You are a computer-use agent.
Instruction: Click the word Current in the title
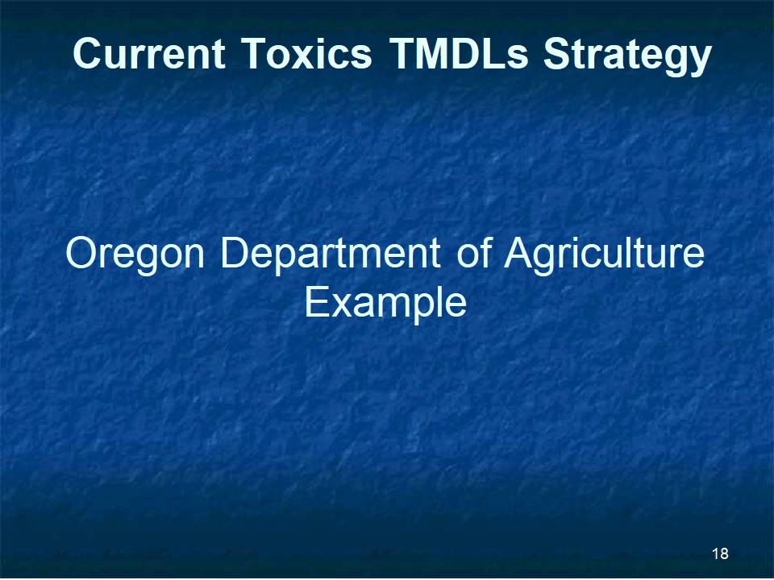pyautogui.click(x=149, y=53)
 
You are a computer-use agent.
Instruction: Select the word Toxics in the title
pyautogui.click(x=306, y=53)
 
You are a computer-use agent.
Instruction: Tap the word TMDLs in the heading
pyautogui.click(x=459, y=53)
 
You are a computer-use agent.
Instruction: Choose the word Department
pyautogui.click(x=330, y=255)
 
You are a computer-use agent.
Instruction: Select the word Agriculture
pyautogui.click(x=604, y=255)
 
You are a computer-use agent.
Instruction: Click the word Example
pyautogui.click(x=385, y=304)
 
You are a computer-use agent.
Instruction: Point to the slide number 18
pyautogui.click(x=720, y=554)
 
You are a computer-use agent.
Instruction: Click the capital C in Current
pyautogui.click(x=89, y=53)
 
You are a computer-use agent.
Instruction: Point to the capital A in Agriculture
pyautogui.click(x=518, y=252)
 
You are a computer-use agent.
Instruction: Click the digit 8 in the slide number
pyautogui.click(x=724, y=554)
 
